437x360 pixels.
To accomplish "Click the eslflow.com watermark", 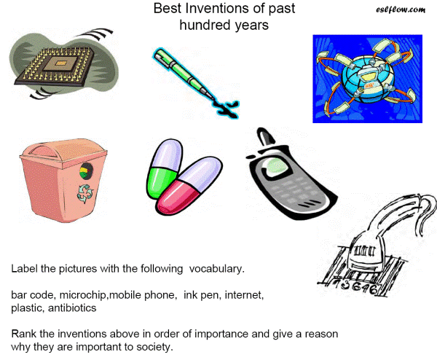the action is pos(401,9).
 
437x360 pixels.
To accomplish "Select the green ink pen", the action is pos(185,74).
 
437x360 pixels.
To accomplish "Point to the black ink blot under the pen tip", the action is pos(227,109).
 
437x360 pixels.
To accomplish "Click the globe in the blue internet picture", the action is pos(368,79).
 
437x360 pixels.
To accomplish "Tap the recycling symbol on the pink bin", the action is pos(85,194).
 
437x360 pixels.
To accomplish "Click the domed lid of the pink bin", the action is pos(63,152).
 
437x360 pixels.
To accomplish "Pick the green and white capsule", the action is pos(164,169).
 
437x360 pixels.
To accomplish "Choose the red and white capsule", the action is pos(189,185).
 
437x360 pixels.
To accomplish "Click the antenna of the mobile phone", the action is pos(265,137).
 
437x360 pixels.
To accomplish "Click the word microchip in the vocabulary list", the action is pos(84,295).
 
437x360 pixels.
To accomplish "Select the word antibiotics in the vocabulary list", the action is pos(72,308).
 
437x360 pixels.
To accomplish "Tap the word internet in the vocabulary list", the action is pos(244,295).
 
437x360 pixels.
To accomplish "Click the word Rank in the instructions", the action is pos(24,334).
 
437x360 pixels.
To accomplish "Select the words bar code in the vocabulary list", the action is pos(34,295).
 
